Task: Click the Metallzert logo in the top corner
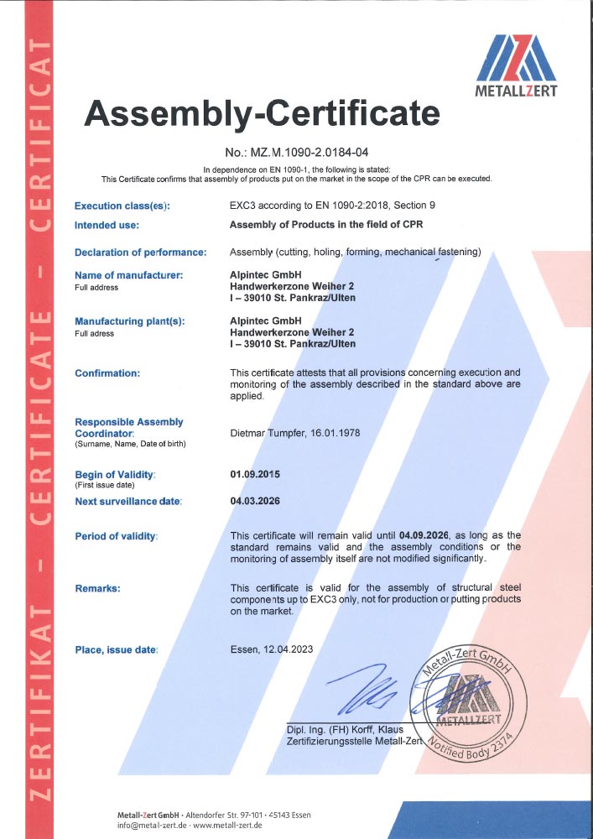coord(517,65)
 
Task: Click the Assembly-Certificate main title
coord(262,112)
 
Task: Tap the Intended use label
coord(107,225)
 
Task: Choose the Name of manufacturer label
coord(128,275)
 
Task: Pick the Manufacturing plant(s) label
coord(129,321)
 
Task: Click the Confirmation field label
coord(107,373)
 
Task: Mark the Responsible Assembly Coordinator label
coord(128,427)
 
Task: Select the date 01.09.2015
coord(255,474)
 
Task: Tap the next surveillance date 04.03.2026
coord(255,501)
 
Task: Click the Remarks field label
coord(97,588)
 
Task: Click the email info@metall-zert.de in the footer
coord(155,826)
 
